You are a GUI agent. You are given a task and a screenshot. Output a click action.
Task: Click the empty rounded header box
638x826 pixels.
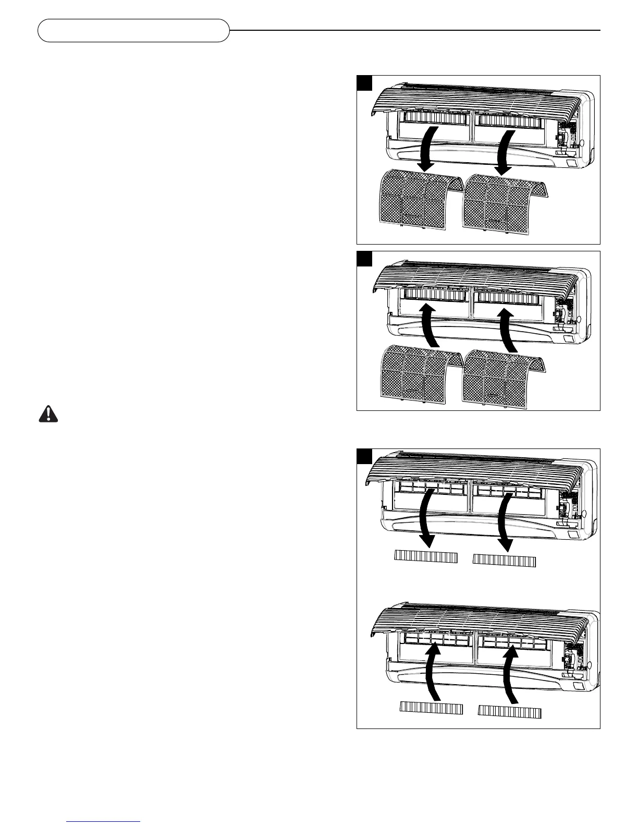pyautogui.click(x=133, y=30)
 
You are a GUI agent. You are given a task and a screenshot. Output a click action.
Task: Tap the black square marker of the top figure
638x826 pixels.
pyautogui.click(x=364, y=83)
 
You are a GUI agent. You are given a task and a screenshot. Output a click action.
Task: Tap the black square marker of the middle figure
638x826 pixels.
pyautogui.click(x=364, y=259)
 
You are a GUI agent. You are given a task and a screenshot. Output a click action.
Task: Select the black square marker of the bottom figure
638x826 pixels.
pyautogui.click(x=364, y=456)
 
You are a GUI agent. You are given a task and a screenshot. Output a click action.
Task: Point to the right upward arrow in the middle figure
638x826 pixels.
pyautogui.click(x=507, y=329)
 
